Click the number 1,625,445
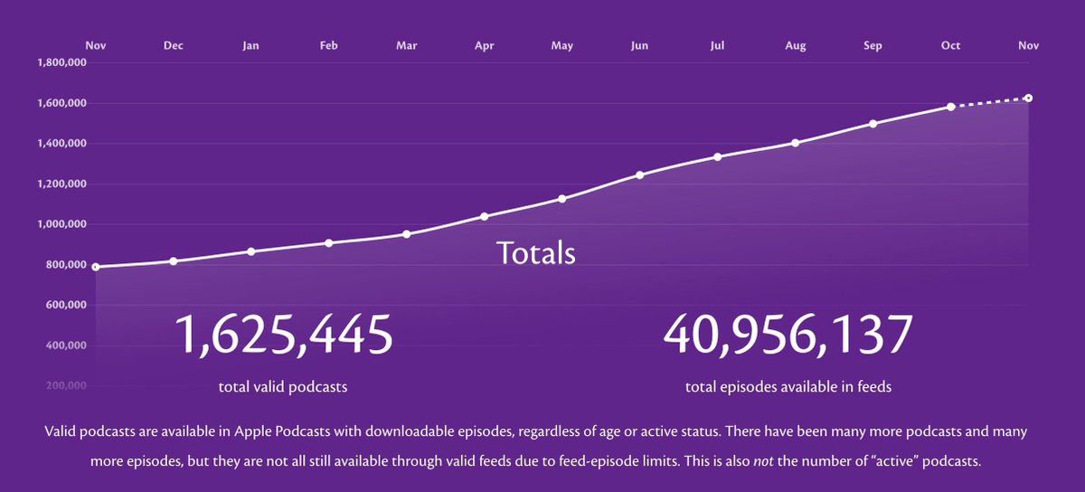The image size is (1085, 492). (283, 335)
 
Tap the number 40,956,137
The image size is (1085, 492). (788, 335)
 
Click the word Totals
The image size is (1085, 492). (535, 252)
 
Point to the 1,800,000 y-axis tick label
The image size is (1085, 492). (61, 62)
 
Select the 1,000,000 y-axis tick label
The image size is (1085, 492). (61, 224)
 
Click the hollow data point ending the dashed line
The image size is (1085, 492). (1028, 98)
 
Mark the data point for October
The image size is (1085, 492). (950, 107)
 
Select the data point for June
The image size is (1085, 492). (639, 175)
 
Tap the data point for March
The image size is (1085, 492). (406, 233)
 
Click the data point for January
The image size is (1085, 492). (251, 251)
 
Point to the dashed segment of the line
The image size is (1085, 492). (989, 102)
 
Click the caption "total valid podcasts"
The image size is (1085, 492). (283, 387)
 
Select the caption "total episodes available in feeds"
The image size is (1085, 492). (788, 387)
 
